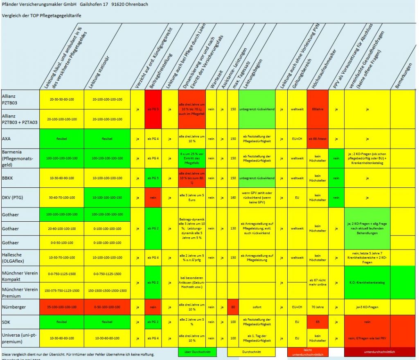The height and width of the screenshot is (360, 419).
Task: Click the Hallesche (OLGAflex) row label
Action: pyautogui.click(x=14, y=258)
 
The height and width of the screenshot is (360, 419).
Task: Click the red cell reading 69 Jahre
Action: pyautogui.click(x=317, y=110)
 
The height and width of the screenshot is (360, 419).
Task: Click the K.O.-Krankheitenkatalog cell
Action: pyautogui.click(x=367, y=282)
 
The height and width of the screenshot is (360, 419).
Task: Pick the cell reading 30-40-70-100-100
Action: pyautogui.click(x=62, y=198)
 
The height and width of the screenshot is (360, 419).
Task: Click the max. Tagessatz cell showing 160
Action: pyautogui.click(x=232, y=198)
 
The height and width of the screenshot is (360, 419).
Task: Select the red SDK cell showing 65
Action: pyautogui.click(x=317, y=322)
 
